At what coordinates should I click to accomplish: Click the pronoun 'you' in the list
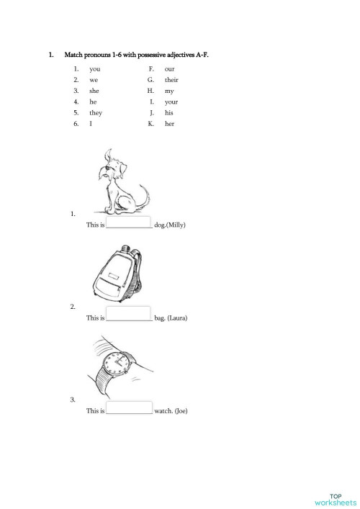(94, 68)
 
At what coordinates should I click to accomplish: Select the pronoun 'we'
(94, 80)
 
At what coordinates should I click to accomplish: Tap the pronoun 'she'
(94, 91)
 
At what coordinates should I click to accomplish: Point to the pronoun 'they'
(96, 113)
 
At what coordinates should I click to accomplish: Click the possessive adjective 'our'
(170, 68)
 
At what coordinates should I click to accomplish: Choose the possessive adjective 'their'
(171, 80)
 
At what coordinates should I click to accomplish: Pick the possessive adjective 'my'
(169, 91)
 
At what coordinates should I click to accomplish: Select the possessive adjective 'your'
(171, 102)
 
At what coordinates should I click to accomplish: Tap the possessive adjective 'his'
(169, 113)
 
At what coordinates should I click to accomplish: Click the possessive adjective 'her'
(169, 124)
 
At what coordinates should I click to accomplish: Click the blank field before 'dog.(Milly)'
(129, 223)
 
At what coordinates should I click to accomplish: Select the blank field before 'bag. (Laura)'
(129, 316)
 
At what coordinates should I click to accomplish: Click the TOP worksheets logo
(335, 499)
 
